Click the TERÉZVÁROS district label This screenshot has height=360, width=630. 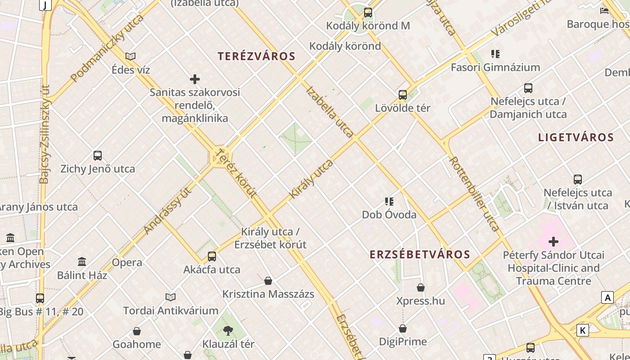(256, 57)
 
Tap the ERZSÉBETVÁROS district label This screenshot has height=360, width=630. (420, 255)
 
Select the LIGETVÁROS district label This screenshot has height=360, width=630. (576, 138)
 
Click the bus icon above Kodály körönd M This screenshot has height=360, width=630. (368, 13)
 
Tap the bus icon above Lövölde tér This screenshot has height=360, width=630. (403, 95)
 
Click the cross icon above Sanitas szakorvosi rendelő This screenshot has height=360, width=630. (195, 79)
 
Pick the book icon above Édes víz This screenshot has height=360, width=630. (130, 57)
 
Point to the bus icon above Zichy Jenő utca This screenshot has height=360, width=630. (98, 156)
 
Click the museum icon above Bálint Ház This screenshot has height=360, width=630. (82, 261)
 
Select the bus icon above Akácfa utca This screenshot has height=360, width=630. (212, 256)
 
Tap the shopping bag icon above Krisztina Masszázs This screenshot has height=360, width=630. (268, 281)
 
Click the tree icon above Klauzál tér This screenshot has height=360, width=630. (228, 331)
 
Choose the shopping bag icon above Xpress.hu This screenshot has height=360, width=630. (421, 288)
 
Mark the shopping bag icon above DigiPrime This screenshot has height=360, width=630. (403, 328)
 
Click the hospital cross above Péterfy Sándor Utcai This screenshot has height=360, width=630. (553, 242)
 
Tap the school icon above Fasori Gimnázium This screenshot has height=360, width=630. (495, 54)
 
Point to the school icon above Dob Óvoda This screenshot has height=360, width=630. (389, 201)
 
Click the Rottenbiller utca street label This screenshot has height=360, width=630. (475, 194)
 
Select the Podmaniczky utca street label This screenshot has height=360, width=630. (107, 48)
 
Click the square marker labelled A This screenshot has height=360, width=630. (607, 297)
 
